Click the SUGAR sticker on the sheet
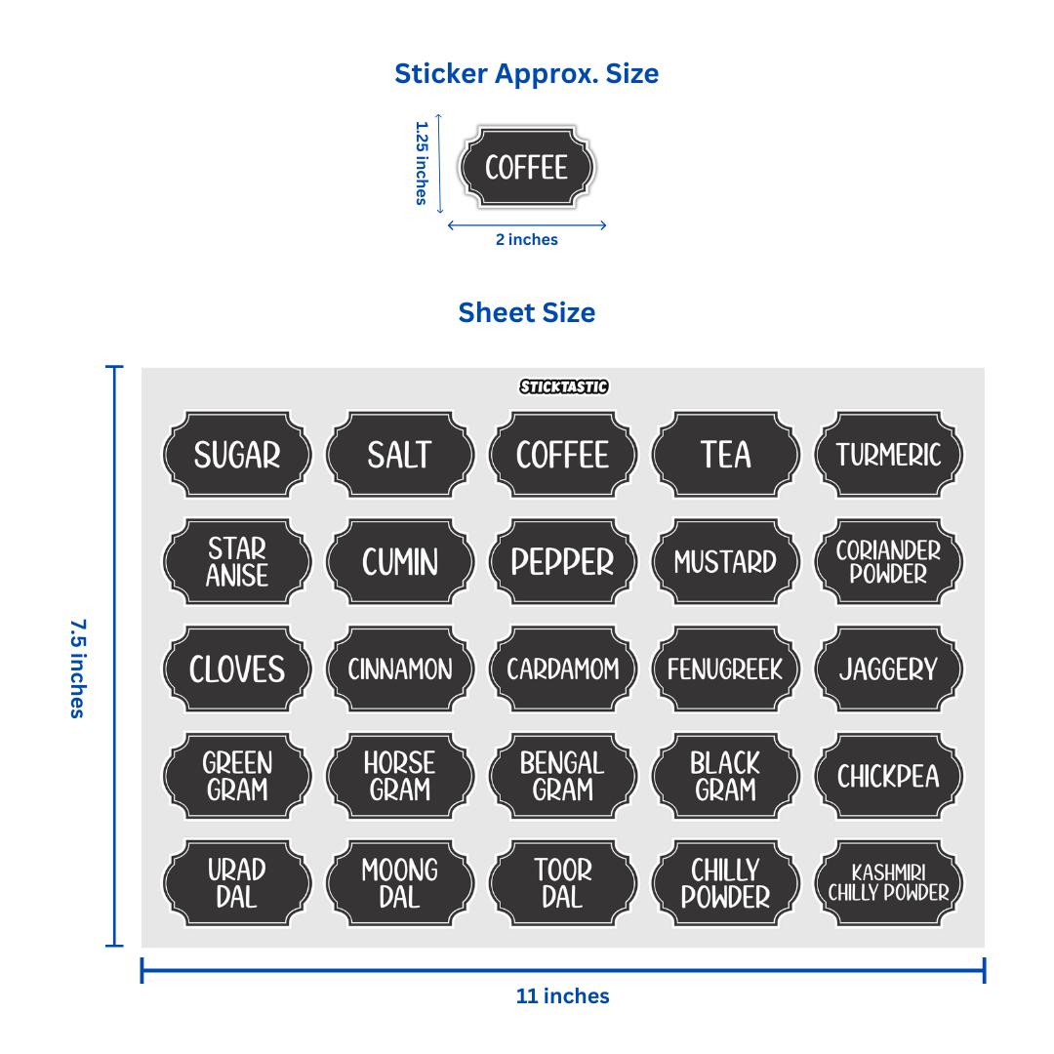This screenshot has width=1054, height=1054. (237, 455)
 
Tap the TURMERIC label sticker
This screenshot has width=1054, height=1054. (888, 455)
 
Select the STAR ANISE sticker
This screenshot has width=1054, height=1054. (237, 562)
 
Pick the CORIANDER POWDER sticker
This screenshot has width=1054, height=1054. (888, 562)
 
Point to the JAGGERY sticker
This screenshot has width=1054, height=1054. (888, 669)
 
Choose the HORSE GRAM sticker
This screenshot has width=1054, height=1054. (400, 777)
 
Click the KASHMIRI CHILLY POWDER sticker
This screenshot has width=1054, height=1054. (888, 883)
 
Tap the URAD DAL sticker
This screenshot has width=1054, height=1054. (237, 883)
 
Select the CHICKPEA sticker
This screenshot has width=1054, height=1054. (888, 777)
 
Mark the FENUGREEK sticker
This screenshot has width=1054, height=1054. (725, 669)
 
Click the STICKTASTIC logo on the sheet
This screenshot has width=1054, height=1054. (563, 386)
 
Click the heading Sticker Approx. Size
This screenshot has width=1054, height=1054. (526, 73)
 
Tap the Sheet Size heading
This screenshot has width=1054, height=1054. (526, 312)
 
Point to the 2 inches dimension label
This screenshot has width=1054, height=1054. (526, 240)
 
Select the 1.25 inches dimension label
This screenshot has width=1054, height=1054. (422, 163)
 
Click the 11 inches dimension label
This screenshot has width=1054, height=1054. (562, 996)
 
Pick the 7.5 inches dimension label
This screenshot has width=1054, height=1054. (77, 668)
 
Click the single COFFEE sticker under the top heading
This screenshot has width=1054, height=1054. (526, 167)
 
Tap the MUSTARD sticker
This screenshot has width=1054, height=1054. (725, 562)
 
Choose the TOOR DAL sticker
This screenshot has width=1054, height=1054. (563, 883)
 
